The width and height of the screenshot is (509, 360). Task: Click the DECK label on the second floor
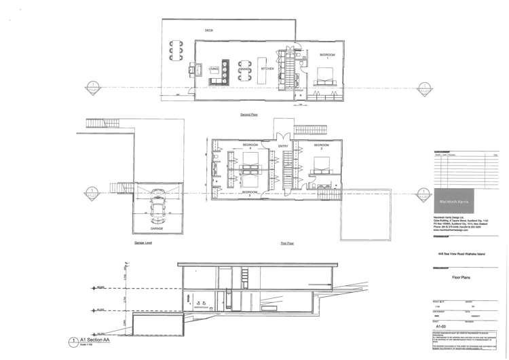(209, 31)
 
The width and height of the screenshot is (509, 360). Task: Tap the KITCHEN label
(268, 68)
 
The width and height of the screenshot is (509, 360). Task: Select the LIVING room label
(214, 69)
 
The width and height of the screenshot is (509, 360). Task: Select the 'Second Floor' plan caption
(247, 115)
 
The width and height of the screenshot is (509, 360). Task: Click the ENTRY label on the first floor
(282, 145)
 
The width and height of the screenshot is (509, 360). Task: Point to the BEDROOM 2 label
(322, 146)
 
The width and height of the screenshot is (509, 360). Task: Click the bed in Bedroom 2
(320, 164)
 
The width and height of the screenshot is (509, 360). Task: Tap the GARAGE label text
(157, 229)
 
